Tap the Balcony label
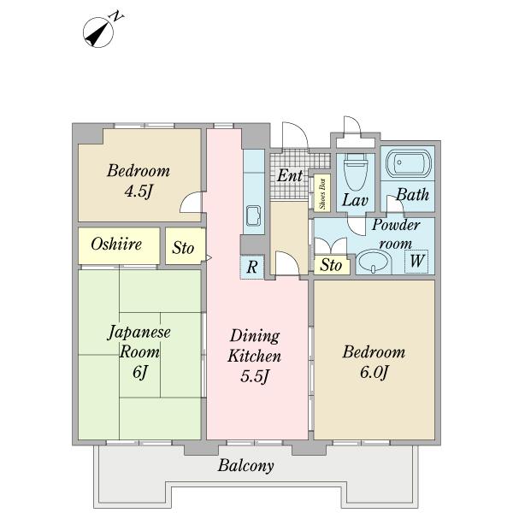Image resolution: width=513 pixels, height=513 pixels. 245,466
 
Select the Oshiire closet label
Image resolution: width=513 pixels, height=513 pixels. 116,244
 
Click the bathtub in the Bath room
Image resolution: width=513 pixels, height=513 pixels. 409,163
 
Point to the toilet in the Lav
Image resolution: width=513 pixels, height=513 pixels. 356,172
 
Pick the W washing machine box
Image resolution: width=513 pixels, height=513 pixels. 416,262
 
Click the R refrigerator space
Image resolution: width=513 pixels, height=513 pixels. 252,267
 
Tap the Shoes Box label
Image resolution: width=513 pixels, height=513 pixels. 322,193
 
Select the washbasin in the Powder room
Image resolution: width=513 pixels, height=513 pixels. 374,262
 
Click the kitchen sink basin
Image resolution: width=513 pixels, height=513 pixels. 253,215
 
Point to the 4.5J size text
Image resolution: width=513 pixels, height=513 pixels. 139,191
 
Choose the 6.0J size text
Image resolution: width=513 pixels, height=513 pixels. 374,372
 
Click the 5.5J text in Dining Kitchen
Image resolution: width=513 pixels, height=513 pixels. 255,376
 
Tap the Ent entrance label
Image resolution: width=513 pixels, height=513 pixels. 290,175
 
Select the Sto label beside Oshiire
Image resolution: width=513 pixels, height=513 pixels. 183,248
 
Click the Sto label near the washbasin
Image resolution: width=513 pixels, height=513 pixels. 331,265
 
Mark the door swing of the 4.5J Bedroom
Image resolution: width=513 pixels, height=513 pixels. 191,202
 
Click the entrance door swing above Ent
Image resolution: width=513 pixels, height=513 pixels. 295,136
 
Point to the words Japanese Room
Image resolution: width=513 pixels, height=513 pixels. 139,342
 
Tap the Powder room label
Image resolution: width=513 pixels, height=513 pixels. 396,234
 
